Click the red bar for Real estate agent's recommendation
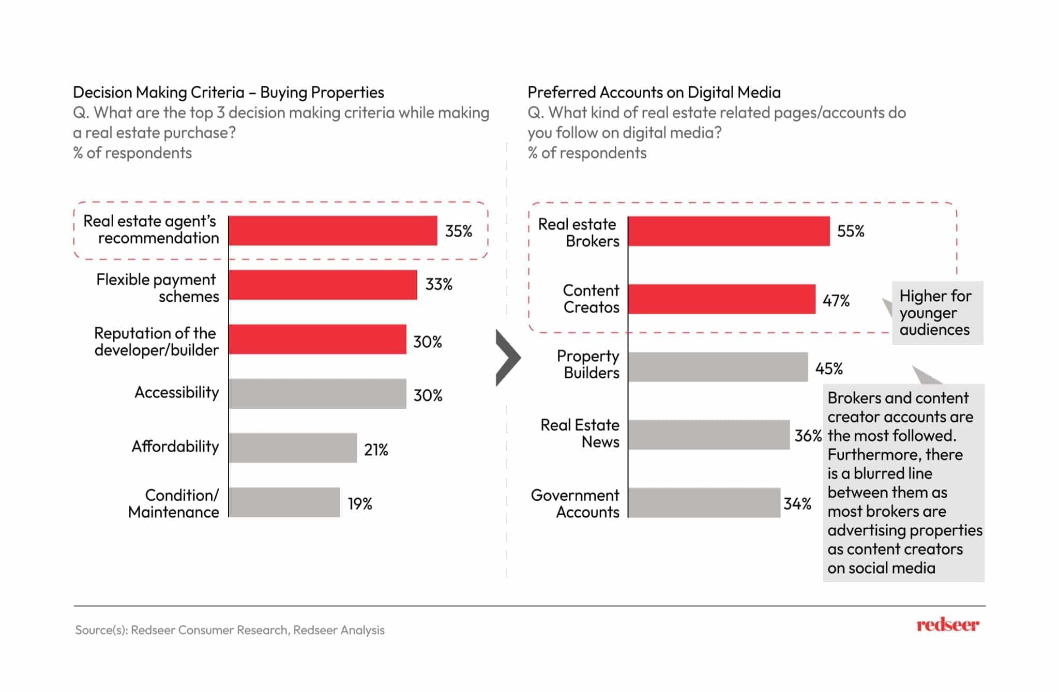pos(332,230)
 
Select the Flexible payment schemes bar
pos(323,285)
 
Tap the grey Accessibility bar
pos(317,394)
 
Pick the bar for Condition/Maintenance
pos(284,502)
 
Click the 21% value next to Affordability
pos(376,450)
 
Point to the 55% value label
pos(851,231)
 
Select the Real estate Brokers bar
pos(729,231)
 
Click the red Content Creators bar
pos(721,299)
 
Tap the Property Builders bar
pos(718,367)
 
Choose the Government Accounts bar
pos(704,503)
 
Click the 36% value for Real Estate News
pos(808,436)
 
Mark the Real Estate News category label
pos(580,433)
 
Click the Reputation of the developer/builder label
pos(156,342)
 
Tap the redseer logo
pos(947,625)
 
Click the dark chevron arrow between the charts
pos(507,358)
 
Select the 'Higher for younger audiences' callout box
pos(937,313)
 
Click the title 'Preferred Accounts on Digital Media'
pos(654,93)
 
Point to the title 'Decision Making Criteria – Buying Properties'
pos(228,93)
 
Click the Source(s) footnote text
pos(230,630)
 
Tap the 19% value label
pos(360,503)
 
